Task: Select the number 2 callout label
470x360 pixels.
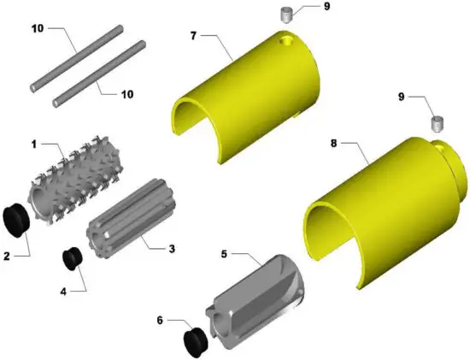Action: (7, 254)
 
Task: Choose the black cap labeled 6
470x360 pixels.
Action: (196, 339)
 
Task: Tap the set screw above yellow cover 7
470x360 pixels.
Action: (288, 15)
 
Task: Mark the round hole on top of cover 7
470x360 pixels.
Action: (285, 39)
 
